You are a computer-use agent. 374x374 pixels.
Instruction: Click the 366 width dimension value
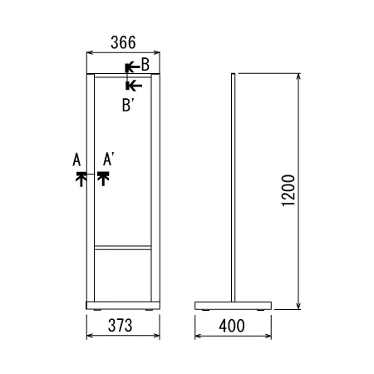pyautogui.click(x=123, y=42)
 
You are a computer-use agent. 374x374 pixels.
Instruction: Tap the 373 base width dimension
pyautogui.click(x=121, y=325)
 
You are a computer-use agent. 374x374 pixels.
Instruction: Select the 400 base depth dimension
pyautogui.click(x=232, y=326)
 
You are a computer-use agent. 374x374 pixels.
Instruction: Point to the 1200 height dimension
pyautogui.click(x=288, y=190)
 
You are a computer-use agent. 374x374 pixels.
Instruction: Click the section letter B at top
pyautogui.click(x=145, y=65)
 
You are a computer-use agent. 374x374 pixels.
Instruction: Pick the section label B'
pyautogui.click(x=127, y=106)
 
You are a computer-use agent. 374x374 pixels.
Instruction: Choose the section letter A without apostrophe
pyautogui.click(x=76, y=160)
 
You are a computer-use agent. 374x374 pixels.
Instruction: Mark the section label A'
pyautogui.click(x=108, y=160)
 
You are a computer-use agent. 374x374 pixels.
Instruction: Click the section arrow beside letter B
pyautogui.click(x=132, y=67)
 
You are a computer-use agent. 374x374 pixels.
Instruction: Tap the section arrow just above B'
pyautogui.click(x=134, y=86)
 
